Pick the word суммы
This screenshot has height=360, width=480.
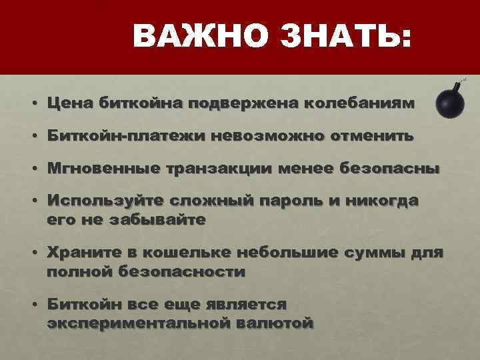[x=375, y=253]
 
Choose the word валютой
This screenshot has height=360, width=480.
[x=274, y=323]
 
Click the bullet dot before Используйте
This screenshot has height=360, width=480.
[x=33, y=202]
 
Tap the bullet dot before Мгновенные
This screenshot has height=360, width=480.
[x=33, y=169]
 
